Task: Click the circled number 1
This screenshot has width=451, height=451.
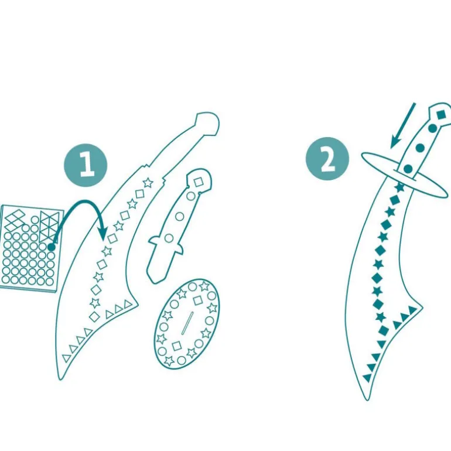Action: [x=86, y=165]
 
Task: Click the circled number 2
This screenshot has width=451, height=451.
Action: [x=327, y=159]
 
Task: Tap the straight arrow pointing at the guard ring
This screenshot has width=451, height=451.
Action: [x=403, y=125]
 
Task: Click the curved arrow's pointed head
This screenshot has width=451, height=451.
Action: [x=102, y=233]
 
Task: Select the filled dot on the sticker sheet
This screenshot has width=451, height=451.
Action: [x=51, y=247]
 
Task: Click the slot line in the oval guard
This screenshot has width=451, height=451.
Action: [x=187, y=323]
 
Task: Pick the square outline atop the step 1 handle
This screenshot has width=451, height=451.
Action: [x=198, y=182]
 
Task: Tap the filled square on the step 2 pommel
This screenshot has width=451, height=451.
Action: [x=441, y=115]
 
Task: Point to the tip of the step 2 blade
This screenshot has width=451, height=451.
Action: [x=367, y=400]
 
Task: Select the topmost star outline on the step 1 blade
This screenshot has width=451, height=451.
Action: [x=148, y=182]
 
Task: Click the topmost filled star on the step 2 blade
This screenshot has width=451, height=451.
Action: [x=399, y=187]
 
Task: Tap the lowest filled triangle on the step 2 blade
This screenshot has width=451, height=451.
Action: [x=367, y=378]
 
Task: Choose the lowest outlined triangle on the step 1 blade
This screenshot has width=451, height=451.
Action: [x=66, y=358]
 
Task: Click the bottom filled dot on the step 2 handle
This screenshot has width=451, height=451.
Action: [x=408, y=169]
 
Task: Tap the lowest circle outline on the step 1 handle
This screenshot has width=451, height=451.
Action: [x=169, y=238]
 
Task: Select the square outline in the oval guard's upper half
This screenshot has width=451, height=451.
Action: [x=198, y=301]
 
